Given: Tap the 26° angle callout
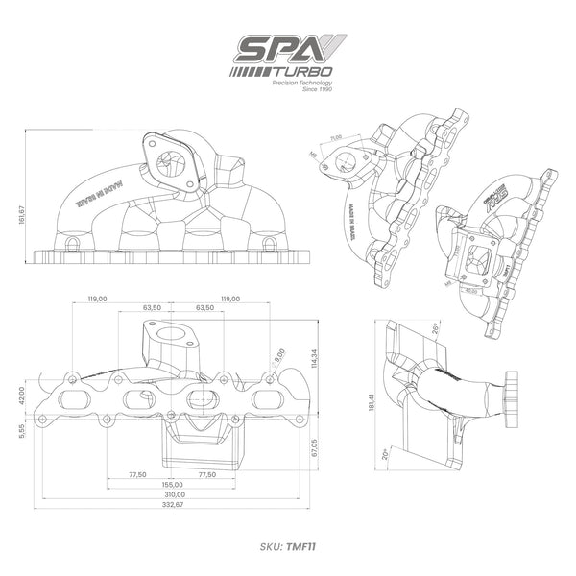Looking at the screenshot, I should [434, 328].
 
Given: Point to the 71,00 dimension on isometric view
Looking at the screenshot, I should [337, 138].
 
